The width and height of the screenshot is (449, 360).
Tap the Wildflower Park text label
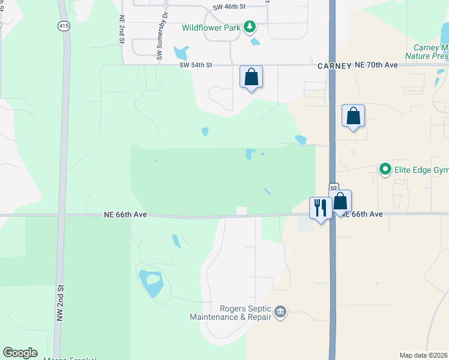(x=212, y=28)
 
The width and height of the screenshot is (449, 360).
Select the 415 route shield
(x=64, y=26)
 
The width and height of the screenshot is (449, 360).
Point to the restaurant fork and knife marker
(x=320, y=208)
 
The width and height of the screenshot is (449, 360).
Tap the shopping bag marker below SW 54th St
(x=251, y=77)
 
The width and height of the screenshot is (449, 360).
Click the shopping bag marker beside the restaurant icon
(x=340, y=202)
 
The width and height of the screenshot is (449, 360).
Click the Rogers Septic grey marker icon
(x=280, y=312)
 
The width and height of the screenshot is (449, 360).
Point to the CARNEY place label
(x=334, y=66)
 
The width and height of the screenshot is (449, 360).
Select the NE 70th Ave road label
(x=376, y=64)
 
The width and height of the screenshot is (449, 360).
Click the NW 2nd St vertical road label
(x=59, y=308)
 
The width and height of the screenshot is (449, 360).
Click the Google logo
(x=20, y=353)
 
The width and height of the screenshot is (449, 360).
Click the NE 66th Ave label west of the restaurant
(x=125, y=214)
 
